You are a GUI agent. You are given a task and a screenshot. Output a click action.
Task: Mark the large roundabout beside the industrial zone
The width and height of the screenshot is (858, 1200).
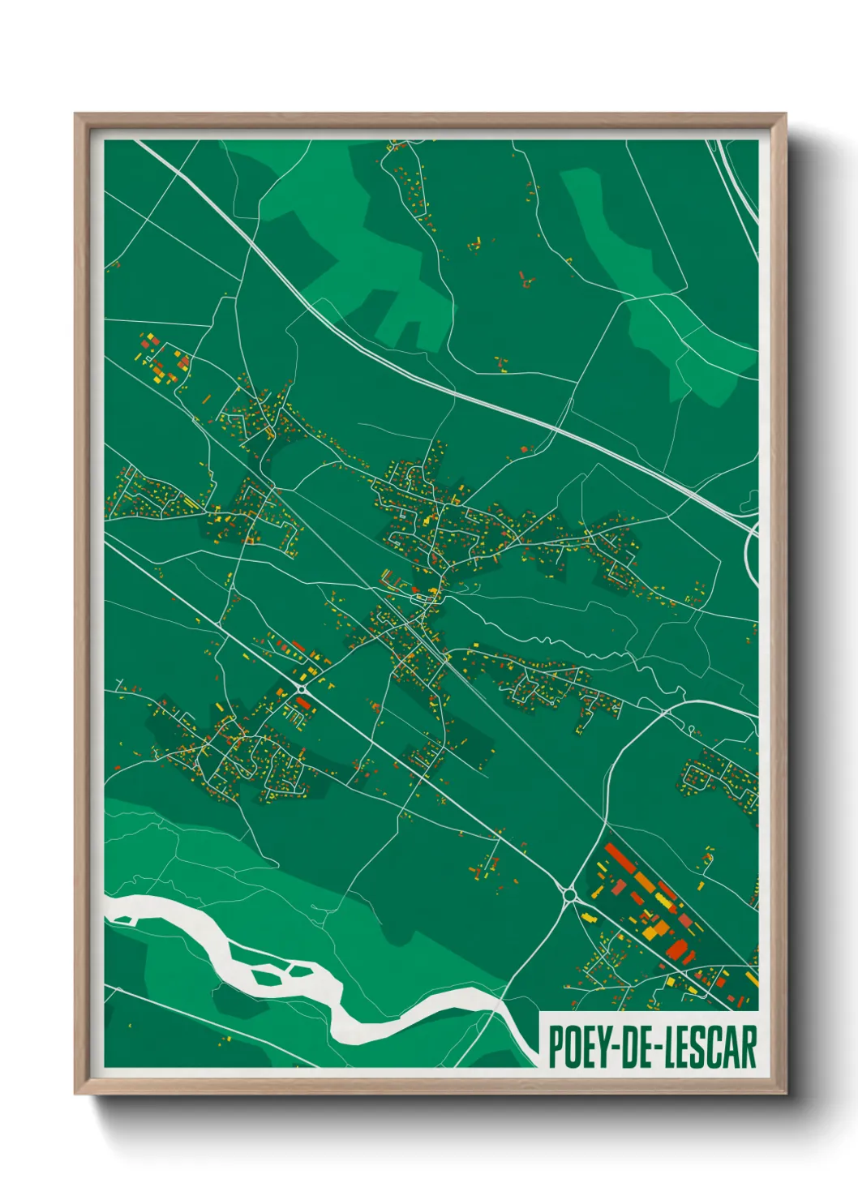pyautogui.click(x=569, y=895)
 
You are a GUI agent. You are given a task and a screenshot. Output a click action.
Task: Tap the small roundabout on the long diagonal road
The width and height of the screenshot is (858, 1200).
pyautogui.click(x=302, y=688)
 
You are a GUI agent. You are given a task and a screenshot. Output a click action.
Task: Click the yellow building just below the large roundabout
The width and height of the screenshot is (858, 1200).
pyautogui.click(x=590, y=919)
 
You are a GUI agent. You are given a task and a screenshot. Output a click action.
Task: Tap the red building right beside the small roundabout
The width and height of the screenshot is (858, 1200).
pyautogui.click(x=304, y=702)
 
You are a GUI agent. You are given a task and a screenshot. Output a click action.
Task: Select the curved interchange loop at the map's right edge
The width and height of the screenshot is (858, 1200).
pyautogui.click(x=751, y=551)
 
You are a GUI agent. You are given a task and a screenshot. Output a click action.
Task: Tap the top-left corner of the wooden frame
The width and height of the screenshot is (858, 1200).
pyautogui.click(x=77, y=116)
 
